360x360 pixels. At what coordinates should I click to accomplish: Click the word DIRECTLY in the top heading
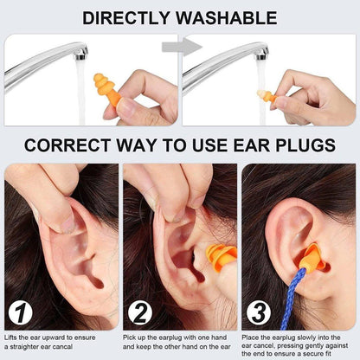point(130,17)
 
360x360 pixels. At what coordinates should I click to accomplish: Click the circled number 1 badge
point(21,313)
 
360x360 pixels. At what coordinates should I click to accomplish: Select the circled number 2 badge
point(140,313)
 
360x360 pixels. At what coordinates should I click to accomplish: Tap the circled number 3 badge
point(259,313)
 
